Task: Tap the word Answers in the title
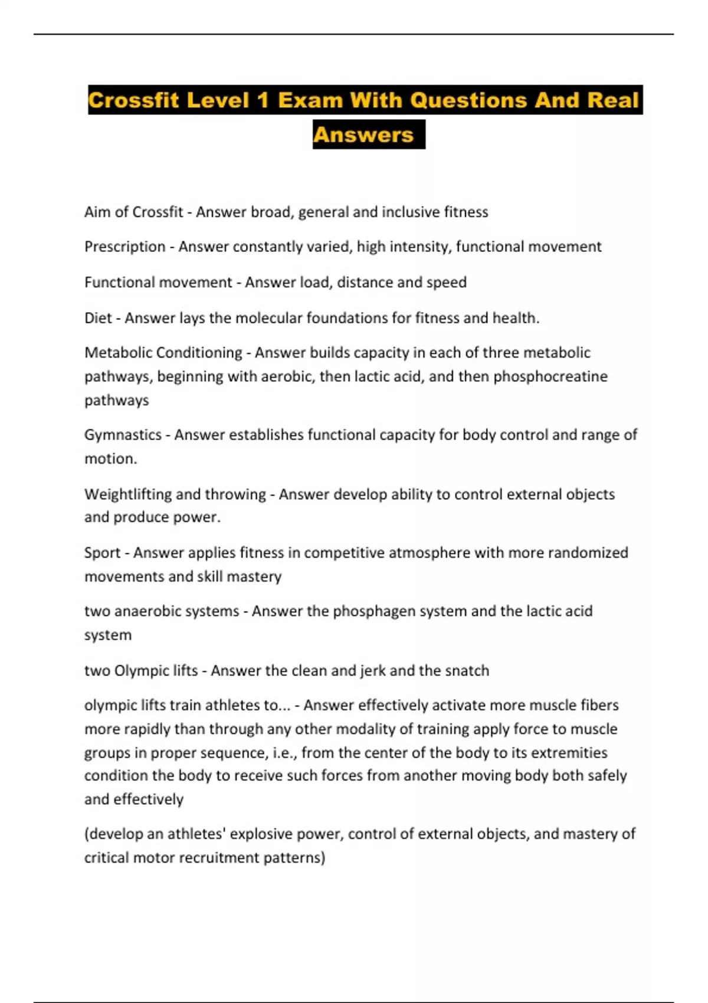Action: tap(363, 135)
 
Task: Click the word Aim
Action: tap(97, 212)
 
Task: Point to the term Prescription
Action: tap(124, 247)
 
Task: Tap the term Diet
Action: tap(98, 318)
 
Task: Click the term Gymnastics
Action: tap(123, 435)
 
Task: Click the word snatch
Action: tap(467, 671)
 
